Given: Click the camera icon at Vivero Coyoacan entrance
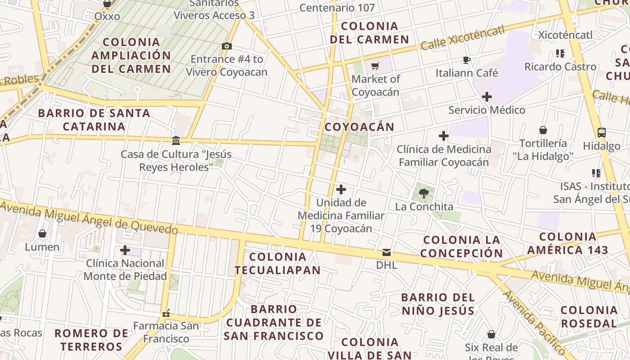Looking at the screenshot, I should [227, 46].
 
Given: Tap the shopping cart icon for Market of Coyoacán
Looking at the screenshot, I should [375, 66].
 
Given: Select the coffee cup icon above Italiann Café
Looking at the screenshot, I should [467, 60].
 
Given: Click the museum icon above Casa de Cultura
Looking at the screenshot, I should [176, 141].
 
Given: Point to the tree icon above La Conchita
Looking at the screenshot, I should [423, 193].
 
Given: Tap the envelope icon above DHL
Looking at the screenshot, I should [387, 252].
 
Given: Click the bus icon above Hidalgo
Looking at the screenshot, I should [602, 133].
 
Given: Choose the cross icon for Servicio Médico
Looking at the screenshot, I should [486, 97].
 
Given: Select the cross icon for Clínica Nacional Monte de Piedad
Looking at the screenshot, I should [125, 250].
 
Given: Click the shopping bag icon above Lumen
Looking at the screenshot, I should [42, 234].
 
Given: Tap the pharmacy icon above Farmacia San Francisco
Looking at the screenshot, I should [166, 312].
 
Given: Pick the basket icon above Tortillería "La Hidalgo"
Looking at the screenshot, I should [543, 130].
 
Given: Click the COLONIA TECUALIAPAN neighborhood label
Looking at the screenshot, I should [277, 263].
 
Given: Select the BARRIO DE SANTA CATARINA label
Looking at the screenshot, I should [94, 120].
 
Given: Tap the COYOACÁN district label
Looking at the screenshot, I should [359, 127].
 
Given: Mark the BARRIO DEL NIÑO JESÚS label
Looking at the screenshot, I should [438, 304].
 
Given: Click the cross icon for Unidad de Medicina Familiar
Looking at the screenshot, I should [341, 189].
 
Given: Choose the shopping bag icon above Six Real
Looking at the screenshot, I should [491, 334].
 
